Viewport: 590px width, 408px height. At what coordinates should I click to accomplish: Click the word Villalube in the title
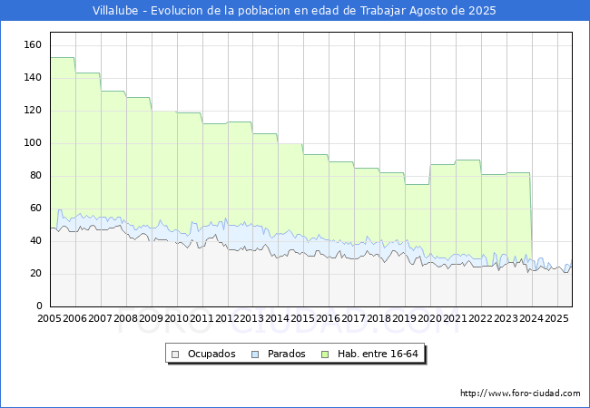[115, 11]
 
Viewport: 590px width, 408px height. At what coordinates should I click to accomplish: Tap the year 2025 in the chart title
[482, 11]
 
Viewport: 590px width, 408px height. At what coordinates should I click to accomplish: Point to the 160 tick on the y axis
[33, 45]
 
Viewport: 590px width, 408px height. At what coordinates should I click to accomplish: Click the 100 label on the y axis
[33, 143]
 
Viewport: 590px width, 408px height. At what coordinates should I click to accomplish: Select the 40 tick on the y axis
[35, 241]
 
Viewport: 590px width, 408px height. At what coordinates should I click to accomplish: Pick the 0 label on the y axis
[39, 306]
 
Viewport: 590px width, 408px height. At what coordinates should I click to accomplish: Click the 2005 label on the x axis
[49, 318]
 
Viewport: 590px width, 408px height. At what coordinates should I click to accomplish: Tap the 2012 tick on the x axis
[227, 318]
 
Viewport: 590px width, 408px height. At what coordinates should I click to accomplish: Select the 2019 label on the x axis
[405, 318]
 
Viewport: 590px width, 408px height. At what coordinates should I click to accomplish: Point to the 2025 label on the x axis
[556, 318]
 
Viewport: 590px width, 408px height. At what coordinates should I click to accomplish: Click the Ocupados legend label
[211, 354]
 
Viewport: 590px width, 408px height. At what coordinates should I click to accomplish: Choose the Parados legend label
[286, 354]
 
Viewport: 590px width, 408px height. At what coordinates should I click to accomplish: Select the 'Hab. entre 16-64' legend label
[378, 354]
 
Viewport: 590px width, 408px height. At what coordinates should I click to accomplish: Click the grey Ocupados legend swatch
[175, 355]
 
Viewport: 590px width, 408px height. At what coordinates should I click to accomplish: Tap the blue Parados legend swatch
[255, 355]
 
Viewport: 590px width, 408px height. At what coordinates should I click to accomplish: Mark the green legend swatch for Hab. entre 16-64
[325, 355]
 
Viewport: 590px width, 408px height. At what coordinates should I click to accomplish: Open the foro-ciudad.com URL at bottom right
[520, 393]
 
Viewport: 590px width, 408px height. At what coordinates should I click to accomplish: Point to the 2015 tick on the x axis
[303, 318]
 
